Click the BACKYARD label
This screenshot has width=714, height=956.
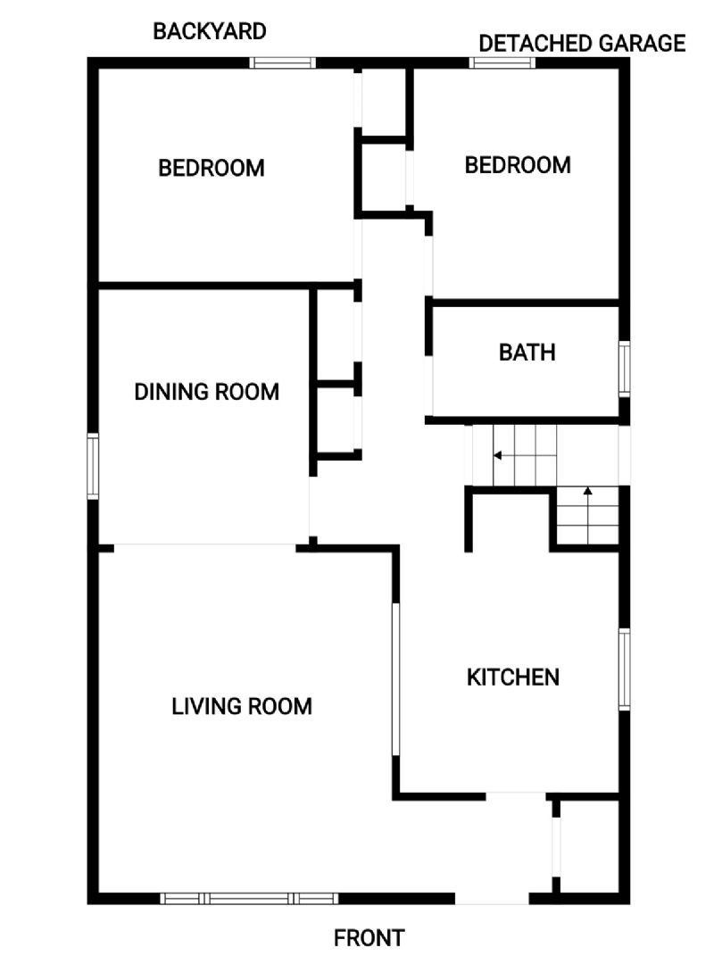click(209, 32)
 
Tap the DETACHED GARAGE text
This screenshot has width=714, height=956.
click(582, 44)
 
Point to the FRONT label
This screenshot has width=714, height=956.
click(369, 938)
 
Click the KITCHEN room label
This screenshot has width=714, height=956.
click(513, 678)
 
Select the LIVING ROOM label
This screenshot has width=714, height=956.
click(242, 707)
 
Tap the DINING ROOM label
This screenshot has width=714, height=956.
click(207, 392)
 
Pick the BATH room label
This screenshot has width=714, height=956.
click(527, 353)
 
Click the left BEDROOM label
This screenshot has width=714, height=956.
click(211, 169)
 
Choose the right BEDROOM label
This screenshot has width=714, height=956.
click(518, 165)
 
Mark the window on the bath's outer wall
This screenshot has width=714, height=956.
click(625, 370)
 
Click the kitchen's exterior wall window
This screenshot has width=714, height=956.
click(625, 669)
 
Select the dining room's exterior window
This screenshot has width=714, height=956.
click(93, 467)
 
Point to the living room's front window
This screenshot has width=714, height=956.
click(249, 898)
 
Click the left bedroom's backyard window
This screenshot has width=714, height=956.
click(282, 62)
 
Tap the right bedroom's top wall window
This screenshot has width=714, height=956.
click(502, 62)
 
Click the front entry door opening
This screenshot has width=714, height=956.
click(492, 898)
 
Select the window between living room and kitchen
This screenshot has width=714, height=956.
click(395, 679)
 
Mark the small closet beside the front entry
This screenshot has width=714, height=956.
click(589, 847)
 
